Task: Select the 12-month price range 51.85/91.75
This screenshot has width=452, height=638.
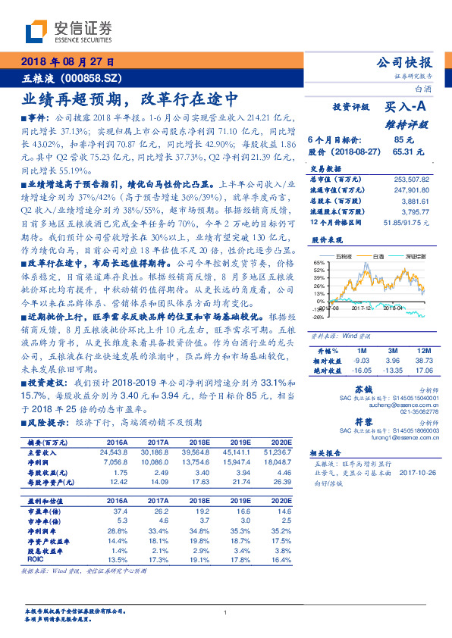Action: pyautogui.click(x=411, y=220)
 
